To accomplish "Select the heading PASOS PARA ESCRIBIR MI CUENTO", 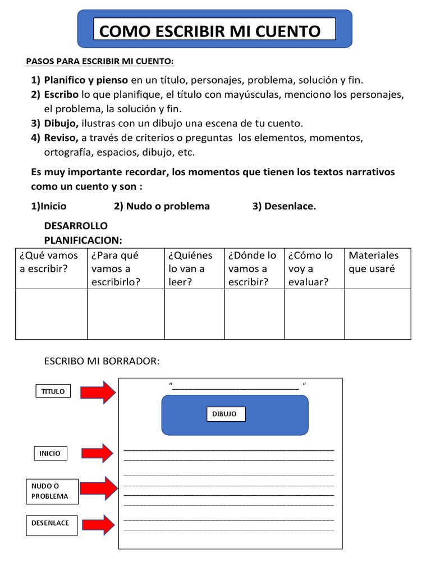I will (100, 61).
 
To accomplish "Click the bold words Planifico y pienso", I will (86, 80).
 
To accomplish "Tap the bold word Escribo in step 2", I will (62, 94).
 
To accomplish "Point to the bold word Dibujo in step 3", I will (61, 123).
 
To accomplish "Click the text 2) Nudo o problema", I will (162, 206).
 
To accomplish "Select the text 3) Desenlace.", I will (284, 206).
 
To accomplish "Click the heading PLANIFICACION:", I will (83, 240).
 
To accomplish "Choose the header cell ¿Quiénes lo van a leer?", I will (194, 268).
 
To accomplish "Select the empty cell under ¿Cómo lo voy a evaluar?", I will (315, 314).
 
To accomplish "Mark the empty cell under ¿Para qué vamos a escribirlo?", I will (126, 314).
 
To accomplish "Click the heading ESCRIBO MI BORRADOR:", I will (102, 360).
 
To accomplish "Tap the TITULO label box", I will (53, 391).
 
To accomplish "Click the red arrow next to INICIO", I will (98, 453).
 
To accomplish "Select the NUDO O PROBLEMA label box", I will (52, 491).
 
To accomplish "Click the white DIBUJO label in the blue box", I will (224, 414).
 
